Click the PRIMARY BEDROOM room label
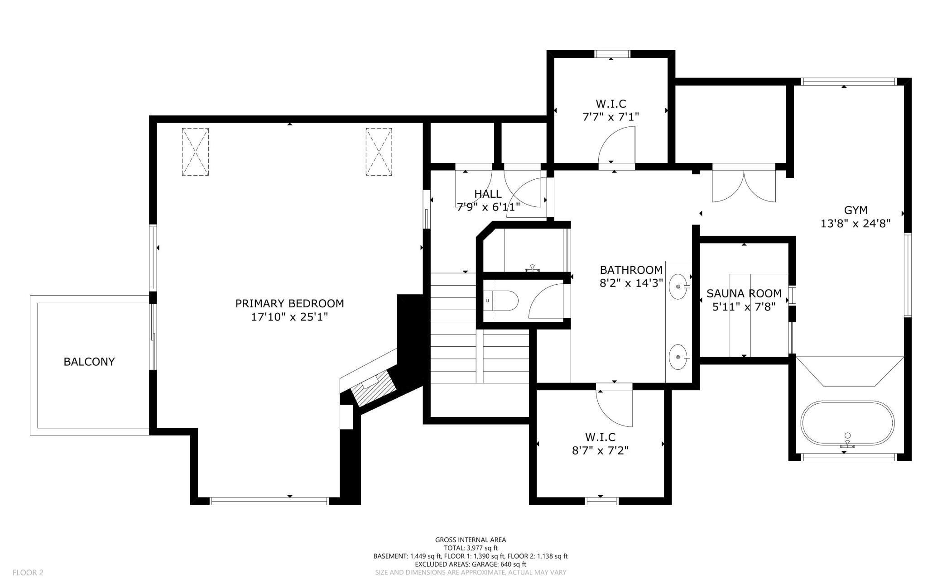(x=289, y=303)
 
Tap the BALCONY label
(x=89, y=362)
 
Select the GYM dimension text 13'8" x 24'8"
(x=855, y=224)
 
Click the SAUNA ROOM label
(x=744, y=293)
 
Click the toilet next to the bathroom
(x=501, y=300)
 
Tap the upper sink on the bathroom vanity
(x=678, y=287)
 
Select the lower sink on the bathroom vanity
(x=678, y=357)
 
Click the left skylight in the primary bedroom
(x=195, y=152)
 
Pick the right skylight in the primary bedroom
(x=379, y=152)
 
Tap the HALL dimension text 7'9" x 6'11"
(x=488, y=207)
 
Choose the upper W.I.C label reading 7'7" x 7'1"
(x=610, y=110)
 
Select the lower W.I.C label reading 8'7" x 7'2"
(x=601, y=444)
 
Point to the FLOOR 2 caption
(x=28, y=573)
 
